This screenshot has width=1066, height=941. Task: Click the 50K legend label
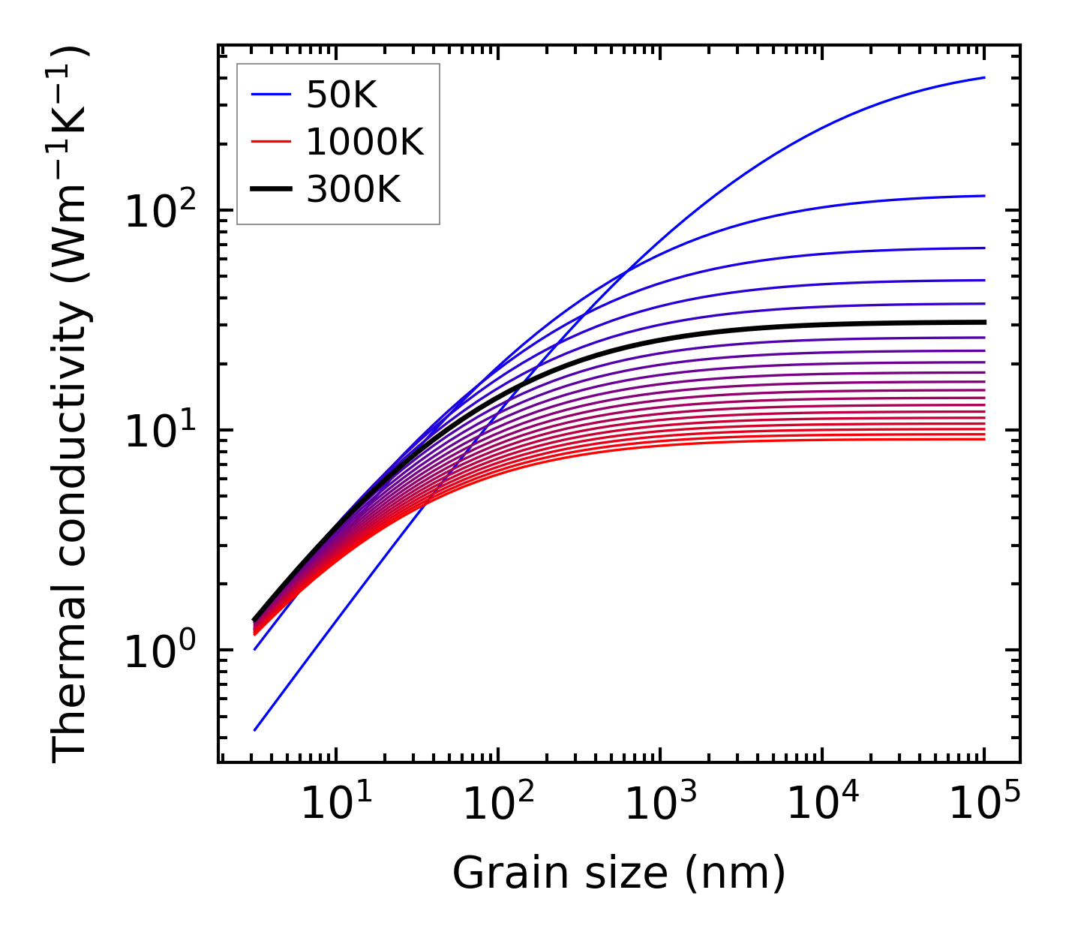(x=341, y=95)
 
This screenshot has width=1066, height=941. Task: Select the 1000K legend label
(x=365, y=142)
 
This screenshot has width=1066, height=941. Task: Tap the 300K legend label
(x=353, y=190)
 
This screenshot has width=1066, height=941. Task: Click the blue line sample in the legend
(x=270, y=95)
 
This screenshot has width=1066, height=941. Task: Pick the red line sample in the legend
(x=270, y=142)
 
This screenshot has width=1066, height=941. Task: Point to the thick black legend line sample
(x=270, y=190)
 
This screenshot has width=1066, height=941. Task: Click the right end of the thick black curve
(x=983, y=322)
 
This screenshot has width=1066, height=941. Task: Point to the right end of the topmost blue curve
(x=983, y=77)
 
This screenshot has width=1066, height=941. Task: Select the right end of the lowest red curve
(x=983, y=439)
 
